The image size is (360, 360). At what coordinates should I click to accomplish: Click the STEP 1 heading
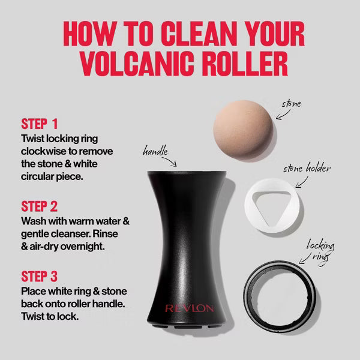(x=39, y=124)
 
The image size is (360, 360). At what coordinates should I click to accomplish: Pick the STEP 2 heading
(x=39, y=206)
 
